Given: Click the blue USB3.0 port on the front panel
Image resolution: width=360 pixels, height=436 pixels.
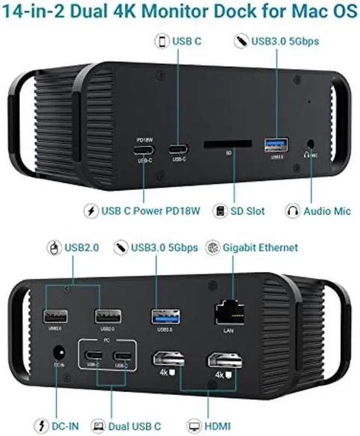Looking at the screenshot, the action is click(x=276, y=145).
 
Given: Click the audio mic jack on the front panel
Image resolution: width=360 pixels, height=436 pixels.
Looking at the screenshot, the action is click(x=310, y=145).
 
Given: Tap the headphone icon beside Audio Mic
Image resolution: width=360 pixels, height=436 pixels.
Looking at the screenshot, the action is click(x=292, y=211).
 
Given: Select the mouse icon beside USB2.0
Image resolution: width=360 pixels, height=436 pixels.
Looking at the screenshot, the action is click(x=54, y=247).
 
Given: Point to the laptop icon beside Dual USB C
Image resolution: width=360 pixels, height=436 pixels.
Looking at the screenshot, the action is click(x=98, y=425).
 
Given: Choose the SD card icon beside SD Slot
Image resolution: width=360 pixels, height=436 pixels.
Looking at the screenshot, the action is click(x=220, y=211).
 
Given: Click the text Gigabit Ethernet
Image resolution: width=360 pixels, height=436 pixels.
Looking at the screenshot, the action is click(x=260, y=248).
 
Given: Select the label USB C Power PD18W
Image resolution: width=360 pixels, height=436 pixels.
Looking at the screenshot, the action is click(x=151, y=211).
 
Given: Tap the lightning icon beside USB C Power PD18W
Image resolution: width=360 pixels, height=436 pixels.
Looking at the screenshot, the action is click(x=91, y=211).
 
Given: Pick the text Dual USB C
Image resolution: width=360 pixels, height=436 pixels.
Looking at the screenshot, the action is click(x=135, y=425).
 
